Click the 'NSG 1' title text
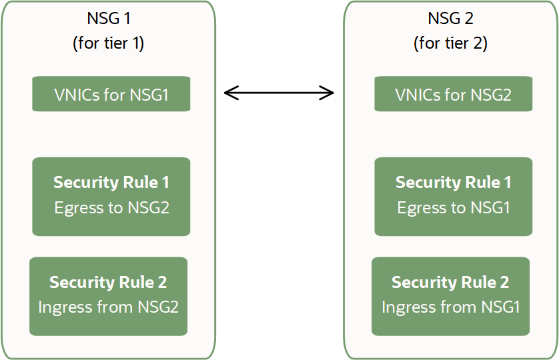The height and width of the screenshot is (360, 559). pyautogui.click(x=108, y=18)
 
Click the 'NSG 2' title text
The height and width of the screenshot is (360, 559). pyautogui.click(x=450, y=18)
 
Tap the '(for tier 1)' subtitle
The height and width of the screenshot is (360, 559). pyautogui.click(x=108, y=43)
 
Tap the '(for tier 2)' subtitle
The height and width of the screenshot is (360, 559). pyautogui.click(x=450, y=43)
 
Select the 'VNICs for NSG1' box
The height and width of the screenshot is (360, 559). pyautogui.click(x=111, y=94)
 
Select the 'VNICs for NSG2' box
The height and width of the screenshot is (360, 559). pyautogui.click(x=453, y=94)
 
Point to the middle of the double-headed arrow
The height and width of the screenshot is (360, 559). pyautogui.click(x=279, y=93)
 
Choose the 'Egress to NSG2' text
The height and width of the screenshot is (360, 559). pyautogui.click(x=111, y=208)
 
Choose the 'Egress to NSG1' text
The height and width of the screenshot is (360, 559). pyautogui.click(x=453, y=208)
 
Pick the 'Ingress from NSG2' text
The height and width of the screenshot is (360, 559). pyautogui.click(x=108, y=307)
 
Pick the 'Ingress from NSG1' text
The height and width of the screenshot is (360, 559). pyautogui.click(x=450, y=307)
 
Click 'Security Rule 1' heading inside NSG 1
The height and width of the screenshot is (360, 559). pyautogui.click(x=111, y=183)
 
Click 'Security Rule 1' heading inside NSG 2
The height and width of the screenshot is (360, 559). pyautogui.click(x=453, y=183)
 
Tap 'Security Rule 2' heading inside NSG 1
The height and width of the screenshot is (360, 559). pyautogui.click(x=108, y=283)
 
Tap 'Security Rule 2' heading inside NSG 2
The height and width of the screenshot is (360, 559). pyautogui.click(x=450, y=283)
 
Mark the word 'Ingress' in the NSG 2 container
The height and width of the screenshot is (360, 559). pyautogui.click(x=405, y=308)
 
